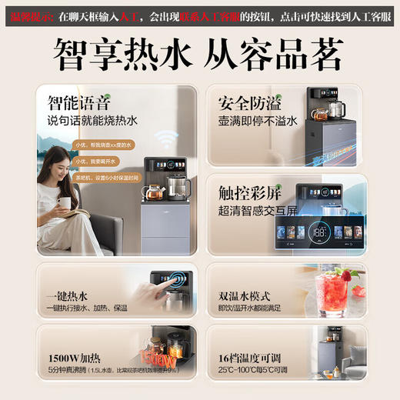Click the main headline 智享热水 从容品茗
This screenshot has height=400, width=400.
click(200, 55)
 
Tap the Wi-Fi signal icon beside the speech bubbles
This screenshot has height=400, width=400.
click(162, 136)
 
